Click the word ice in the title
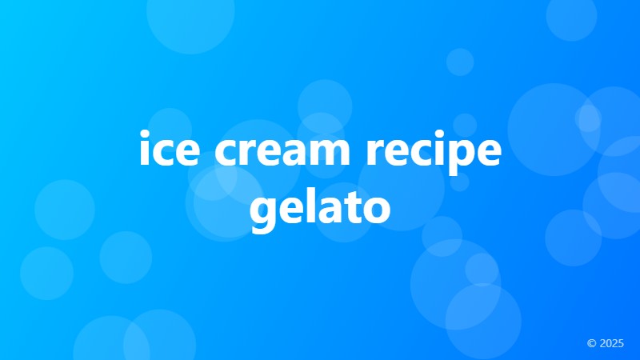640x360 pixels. [166, 152]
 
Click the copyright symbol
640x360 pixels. [591, 343]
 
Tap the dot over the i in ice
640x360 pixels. [144, 136]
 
